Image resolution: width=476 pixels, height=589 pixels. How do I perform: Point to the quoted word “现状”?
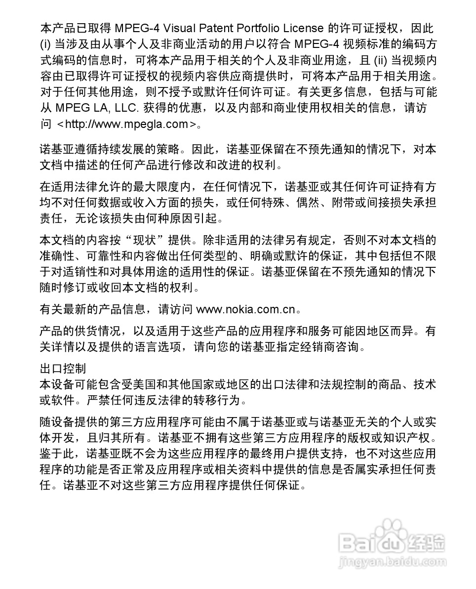coord(145,241)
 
